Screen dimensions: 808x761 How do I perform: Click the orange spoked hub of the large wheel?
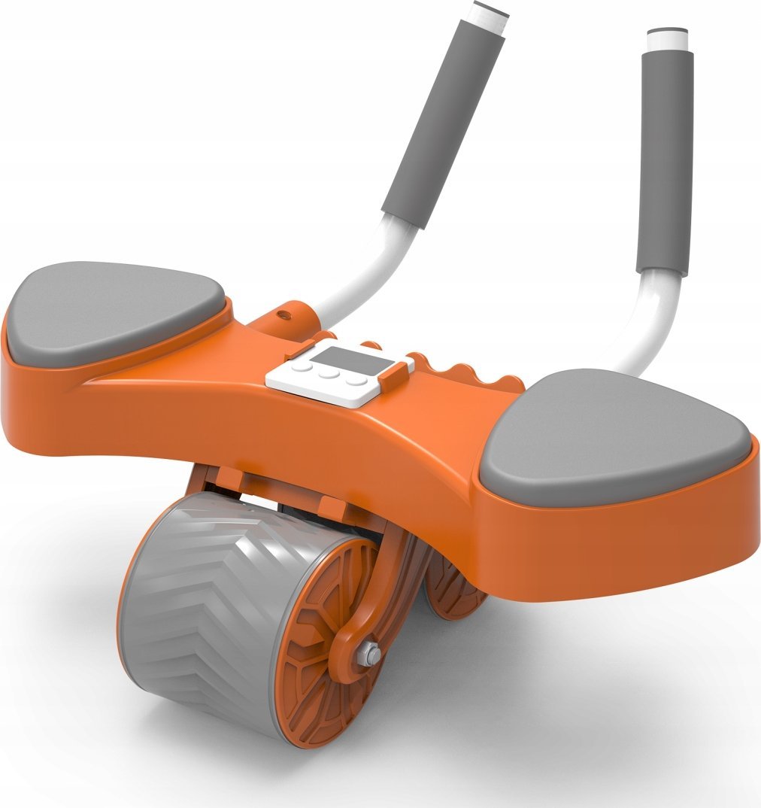pos(323,639)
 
